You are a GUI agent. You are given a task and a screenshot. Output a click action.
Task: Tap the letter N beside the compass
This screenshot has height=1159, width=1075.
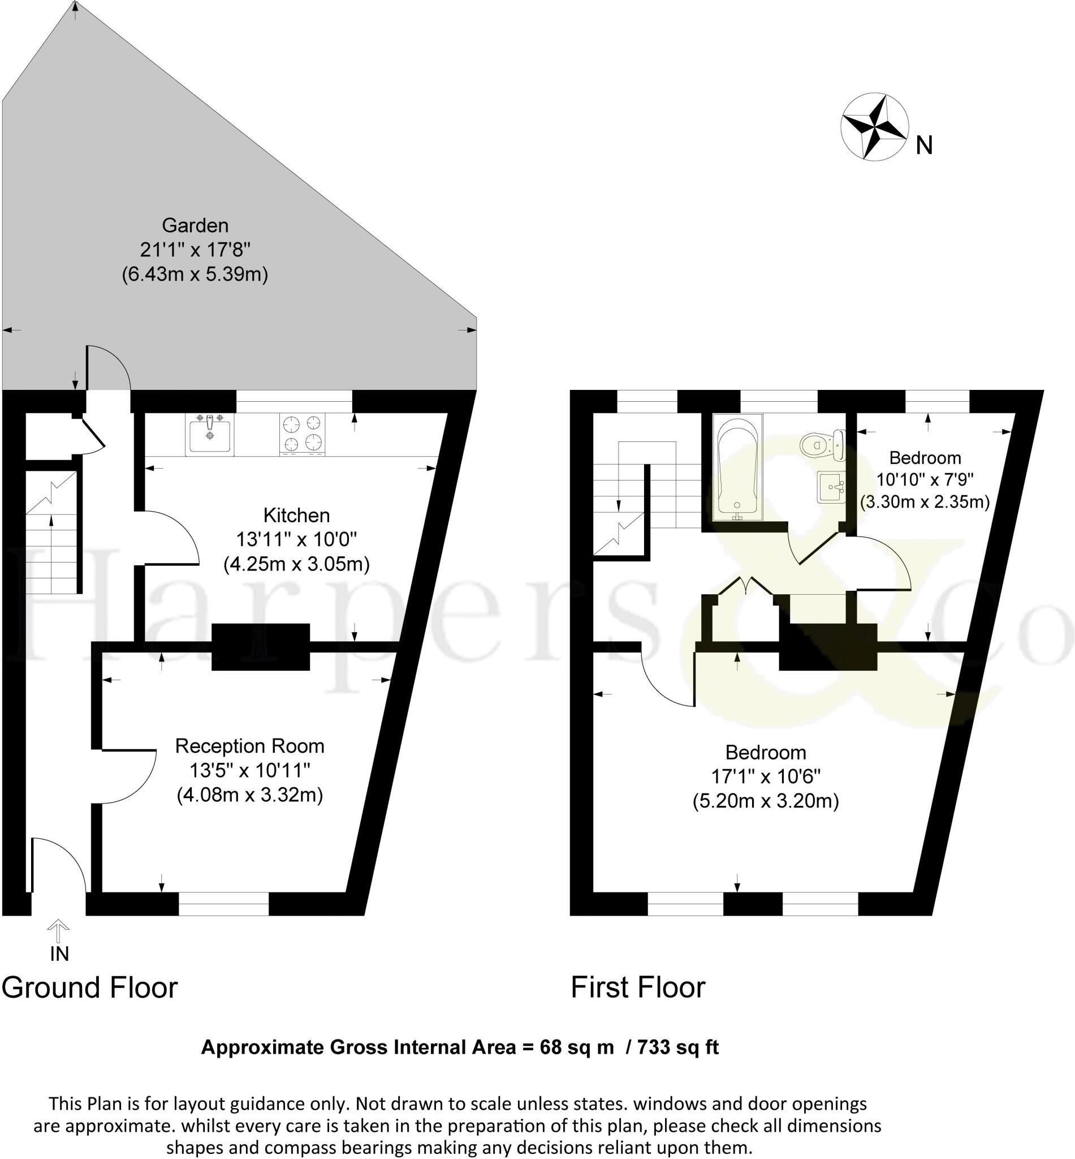pyautogui.click(x=924, y=145)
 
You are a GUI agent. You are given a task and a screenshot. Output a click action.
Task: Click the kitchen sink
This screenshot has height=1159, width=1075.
pyautogui.click(x=209, y=434)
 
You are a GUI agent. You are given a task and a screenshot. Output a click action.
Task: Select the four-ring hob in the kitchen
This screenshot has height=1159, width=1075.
pyautogui.click(x=302, y=434)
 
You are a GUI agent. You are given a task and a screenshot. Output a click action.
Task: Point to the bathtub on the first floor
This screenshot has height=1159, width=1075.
pyautogui.click(x=737, y=467)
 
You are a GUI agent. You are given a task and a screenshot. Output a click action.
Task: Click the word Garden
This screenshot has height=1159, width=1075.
pyautogui.click(x=195, y=225)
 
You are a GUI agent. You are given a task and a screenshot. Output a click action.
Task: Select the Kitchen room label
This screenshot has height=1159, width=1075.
pyautogui.click(x=296, y=515)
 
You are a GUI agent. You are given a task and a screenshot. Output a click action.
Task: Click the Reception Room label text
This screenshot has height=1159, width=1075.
pyautogui.click(x=249, y=746)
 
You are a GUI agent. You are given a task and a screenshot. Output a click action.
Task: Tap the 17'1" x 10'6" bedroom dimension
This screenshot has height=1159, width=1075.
pyautogui.click(x=766, y=776)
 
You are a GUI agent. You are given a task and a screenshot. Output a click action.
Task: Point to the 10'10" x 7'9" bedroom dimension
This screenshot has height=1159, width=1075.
pyautogui.click(x=925, y=480)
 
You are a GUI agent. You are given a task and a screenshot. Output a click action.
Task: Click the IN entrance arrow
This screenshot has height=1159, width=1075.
pyautogui.click(x=58, y=932)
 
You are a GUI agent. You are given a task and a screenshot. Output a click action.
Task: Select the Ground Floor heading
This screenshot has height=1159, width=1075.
pyautogui.click(x=89, y=989)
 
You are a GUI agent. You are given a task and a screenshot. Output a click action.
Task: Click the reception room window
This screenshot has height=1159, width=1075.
pyautogui.click(x=223, y=903)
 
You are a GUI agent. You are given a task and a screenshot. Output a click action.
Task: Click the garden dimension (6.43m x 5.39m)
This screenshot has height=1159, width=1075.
pyautogui.click(x=195, y=274)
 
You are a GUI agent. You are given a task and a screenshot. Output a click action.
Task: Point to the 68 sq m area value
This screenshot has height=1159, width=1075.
pyautogui.click(x=576, y=1048)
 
